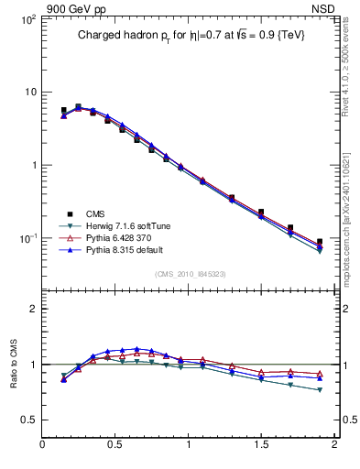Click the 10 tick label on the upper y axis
point(29,93)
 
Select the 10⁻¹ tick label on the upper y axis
point(26,238)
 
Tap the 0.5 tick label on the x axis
point(115,446)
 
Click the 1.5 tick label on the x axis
point(261,446)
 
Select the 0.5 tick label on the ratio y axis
point(27,420)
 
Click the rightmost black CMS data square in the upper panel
point(320,242)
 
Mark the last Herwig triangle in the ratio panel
point(320,390)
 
